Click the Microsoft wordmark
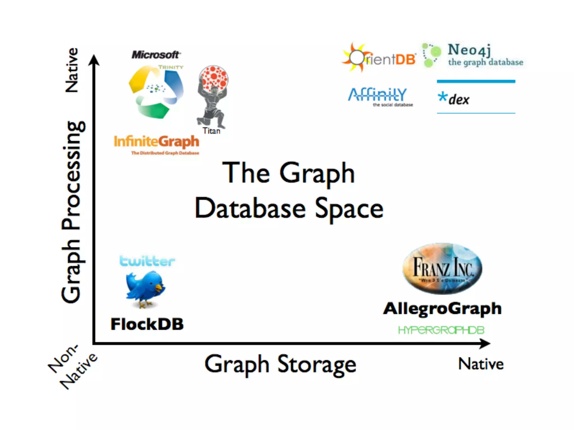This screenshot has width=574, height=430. [x=156, y=55]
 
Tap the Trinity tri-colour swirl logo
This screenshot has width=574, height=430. [x=156, y=92]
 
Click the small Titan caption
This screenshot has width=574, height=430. [x=211, y=131]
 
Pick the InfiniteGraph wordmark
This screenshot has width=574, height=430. [x=156, y=141]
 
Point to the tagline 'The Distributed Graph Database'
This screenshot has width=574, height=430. [x=165, y=153]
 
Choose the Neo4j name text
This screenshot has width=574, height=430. [x=469, y=50]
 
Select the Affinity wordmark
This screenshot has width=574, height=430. [x=377, y=95]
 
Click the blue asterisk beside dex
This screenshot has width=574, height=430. [x=443, y=97]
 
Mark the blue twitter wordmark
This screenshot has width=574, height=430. [x=147, y=261]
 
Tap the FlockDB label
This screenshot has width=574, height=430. [x=147, y=324]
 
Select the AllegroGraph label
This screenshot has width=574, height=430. [x=442, y=309]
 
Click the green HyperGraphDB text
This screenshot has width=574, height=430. [x=441, y=330]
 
